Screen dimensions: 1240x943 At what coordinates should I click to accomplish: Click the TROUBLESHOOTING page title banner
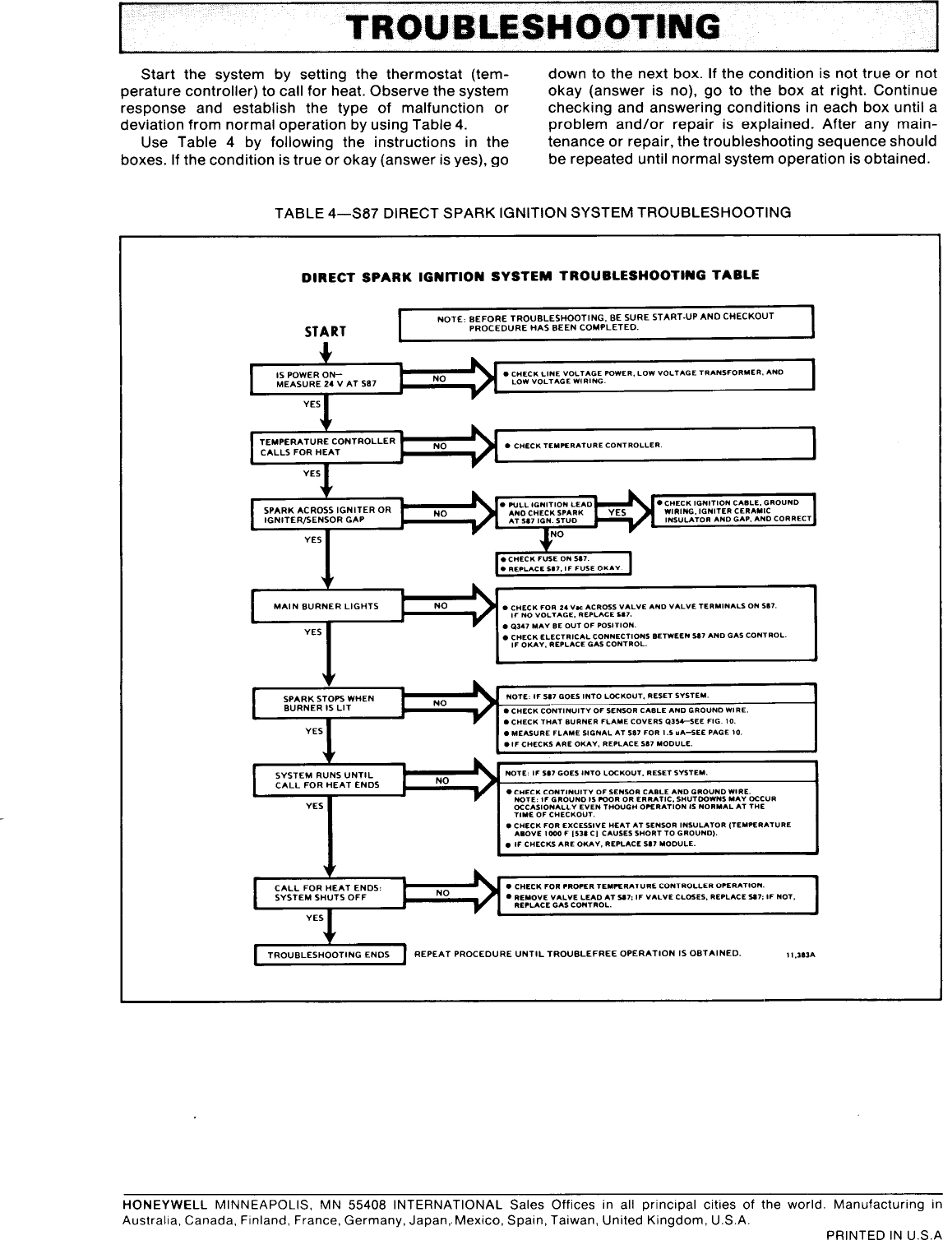click(x=531, y=27)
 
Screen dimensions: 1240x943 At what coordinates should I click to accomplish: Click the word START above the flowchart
click(x=326, y=331)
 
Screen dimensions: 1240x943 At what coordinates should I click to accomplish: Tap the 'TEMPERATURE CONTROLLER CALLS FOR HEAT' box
click(x=326, y=446)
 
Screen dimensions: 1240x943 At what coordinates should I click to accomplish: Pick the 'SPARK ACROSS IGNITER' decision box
click(x=326, y=515)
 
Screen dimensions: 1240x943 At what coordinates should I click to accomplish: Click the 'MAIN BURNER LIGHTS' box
click(x=326, y=606)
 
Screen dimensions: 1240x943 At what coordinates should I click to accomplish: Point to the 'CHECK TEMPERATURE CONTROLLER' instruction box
click(x=654, y=445)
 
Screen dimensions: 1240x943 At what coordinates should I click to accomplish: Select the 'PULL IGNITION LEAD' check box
click(x=546, y=512)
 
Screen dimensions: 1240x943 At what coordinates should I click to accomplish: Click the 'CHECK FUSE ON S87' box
click(x=563, y=563)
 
